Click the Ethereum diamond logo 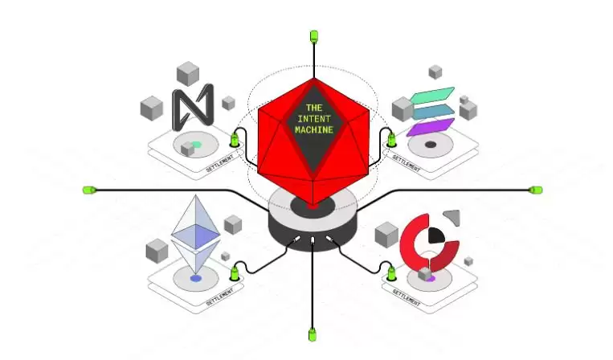(x=195, y=229)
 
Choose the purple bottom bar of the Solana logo (x=431, y=126)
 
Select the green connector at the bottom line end (x=312, y=332)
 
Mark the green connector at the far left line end (x=89, y=190)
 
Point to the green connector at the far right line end (x=536, y=190)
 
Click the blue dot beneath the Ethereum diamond (x=195, y=278)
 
